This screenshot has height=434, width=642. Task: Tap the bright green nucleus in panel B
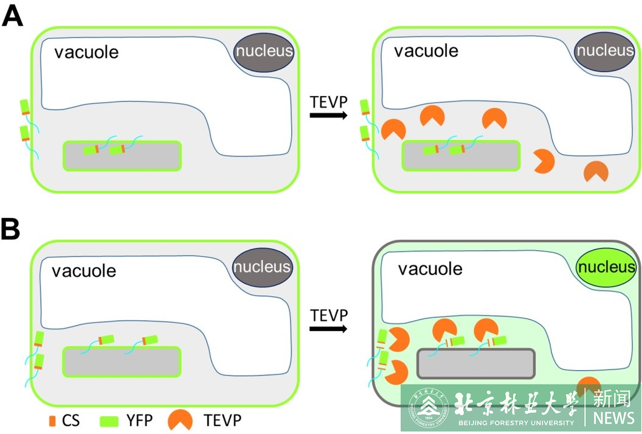coord(606,267)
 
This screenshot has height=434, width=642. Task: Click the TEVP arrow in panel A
coord(328,114)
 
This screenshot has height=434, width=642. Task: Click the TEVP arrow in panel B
coord(328,329)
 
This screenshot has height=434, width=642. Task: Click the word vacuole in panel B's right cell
coord(430,268)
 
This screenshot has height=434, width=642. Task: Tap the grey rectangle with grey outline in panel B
coord(475,363)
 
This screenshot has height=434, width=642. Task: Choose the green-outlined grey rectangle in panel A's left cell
coord(122,156)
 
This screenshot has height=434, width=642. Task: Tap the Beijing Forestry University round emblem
coord(427,407)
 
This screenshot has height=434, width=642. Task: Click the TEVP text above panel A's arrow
coord(328,100)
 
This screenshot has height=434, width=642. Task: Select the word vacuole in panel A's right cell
coord(426,50)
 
